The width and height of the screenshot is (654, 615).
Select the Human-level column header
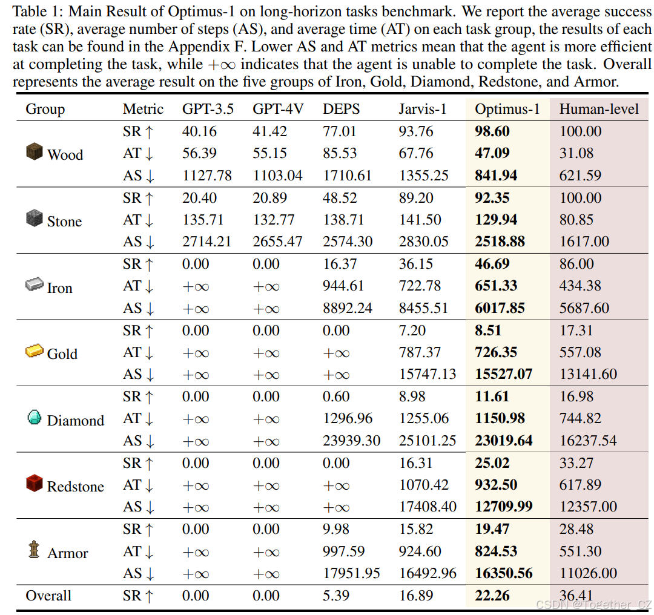[598, 109]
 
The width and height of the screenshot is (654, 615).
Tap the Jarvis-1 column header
[422, 109]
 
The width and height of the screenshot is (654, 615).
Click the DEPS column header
[341, 109]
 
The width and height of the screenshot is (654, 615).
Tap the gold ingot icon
[35, 352]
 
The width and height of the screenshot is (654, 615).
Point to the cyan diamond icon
[35, 418]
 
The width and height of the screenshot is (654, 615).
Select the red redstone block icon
[35, 484]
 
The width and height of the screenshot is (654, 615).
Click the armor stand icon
[35, 550]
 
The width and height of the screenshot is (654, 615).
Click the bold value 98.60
[492, 131]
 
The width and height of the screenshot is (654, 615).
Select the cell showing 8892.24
[347, 308]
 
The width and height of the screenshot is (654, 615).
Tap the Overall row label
[48, 596]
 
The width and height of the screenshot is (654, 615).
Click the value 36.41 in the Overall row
[576, 596]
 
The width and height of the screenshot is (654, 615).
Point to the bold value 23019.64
[504, 441]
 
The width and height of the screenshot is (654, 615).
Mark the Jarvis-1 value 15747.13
[428, 374]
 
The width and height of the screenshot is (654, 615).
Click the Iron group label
[59, 288]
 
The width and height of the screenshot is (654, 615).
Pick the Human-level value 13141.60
[588, 374]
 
